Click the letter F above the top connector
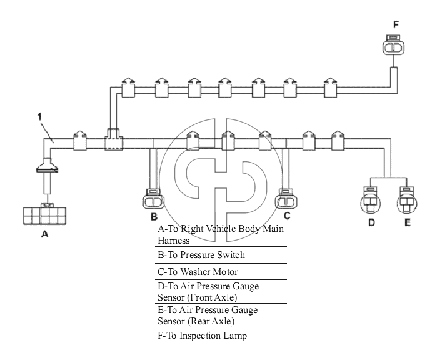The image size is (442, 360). (396, 25)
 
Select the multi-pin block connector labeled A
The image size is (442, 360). (44, 216)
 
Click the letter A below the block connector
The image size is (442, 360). (45, 234)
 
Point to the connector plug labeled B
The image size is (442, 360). (153, 199)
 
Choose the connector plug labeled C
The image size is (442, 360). (286, 199)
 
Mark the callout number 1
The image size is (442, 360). (40, 116)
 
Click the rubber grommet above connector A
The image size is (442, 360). (47, 166)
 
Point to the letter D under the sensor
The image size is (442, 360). (372, 222)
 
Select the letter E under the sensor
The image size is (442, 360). (408, 222)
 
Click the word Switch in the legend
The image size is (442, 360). (231, 255)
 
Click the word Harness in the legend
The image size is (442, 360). (173, 241)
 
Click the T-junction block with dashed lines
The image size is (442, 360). (114, 139)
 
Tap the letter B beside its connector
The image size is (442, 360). (154, 217)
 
